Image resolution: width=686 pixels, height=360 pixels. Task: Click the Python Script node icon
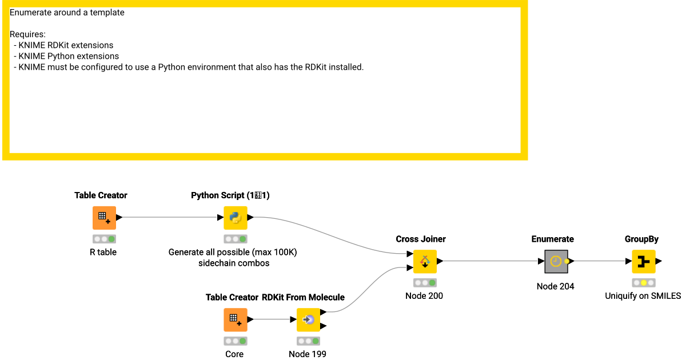pos(235,218)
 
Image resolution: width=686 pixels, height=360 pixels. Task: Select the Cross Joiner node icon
pos(425,262)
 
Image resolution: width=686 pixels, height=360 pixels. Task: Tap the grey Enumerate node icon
pos(556,262)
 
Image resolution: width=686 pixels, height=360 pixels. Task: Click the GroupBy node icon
pos(643,262)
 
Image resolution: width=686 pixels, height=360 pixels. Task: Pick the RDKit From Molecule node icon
pos(308,319)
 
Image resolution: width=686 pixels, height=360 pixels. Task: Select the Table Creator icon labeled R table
pos(104,218)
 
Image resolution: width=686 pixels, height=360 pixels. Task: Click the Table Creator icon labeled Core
pos(235,319)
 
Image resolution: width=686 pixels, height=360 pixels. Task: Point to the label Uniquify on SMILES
pos(643,296)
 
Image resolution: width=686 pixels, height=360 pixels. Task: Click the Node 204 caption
pos(555,286)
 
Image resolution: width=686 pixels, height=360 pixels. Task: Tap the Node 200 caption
pos(424,296)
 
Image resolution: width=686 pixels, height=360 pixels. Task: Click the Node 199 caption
pos(308,354)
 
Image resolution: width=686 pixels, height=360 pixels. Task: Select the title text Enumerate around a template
pos(67,13)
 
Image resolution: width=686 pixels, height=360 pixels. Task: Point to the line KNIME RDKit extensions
pos(66,45)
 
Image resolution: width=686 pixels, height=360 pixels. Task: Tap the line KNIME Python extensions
pos(69,56)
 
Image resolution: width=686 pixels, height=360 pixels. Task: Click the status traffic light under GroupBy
pos(643,283)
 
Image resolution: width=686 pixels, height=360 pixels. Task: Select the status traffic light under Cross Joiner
pos(424,283)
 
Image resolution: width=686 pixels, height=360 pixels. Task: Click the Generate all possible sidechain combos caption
pos(233,258)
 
